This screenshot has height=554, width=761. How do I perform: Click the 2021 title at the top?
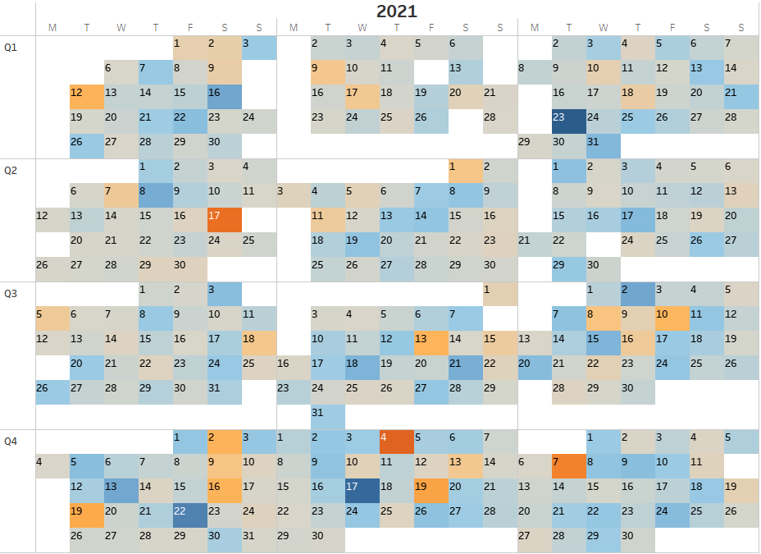tap(397, 11)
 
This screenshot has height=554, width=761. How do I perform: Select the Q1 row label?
tap(11, 47)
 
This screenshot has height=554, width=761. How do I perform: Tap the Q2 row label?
tap(11, 170)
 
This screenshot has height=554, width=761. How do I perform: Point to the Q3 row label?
tap(11, 293)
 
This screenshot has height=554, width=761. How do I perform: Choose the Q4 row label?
tap(11, 441)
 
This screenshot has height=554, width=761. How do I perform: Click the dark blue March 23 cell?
tap(568, 121)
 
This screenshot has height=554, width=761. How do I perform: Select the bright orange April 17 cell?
tap(224, 220)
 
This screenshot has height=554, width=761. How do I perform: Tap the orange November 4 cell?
tap(396, 442)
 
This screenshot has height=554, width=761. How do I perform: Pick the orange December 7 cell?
tap(568, 466)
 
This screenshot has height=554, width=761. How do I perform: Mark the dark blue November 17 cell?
tap(362, 491)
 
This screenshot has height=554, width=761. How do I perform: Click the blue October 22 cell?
tap(189, 515)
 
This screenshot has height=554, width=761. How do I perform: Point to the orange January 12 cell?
tap(86, 97)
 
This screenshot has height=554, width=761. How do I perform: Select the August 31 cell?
tap(327, 417)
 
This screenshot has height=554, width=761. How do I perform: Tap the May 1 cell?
tap(465, 171)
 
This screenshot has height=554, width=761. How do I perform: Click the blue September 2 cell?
tap(637, 294)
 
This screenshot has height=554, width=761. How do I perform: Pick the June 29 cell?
tap(568, 269)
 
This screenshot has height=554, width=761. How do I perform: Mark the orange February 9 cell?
tap(327, 72)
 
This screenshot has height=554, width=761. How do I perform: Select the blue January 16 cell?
tap(224, 97)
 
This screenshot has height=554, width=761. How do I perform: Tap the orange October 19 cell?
tap(86, 515)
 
